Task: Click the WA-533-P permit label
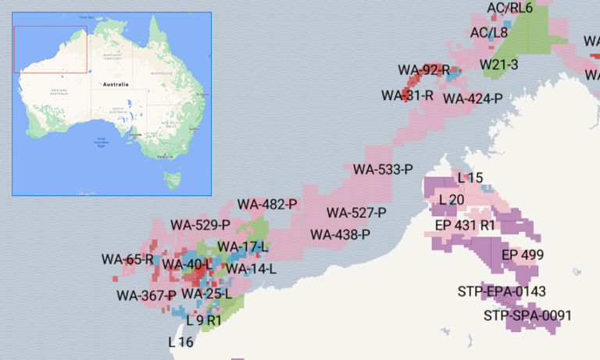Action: click(382, 169)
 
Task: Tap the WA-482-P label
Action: click(268, 205)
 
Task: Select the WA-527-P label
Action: click(356, 212)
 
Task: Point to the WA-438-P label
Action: click(340, 234)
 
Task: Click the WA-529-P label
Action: click(201, 225)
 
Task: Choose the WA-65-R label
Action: click(127, 259)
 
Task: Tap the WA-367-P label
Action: click(146, 295)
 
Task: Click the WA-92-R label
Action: click(424, 70)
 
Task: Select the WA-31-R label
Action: click(408, 95)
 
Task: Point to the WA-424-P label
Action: click(473, 98)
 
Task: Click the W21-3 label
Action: click(498, 64)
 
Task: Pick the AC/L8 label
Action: click(489, 33)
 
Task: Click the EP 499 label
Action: click(523, 255)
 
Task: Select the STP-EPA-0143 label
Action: click(502, 291)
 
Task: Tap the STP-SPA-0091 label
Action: click(528, 315)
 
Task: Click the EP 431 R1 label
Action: click(466, 225)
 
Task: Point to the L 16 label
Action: click(181, 341)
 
